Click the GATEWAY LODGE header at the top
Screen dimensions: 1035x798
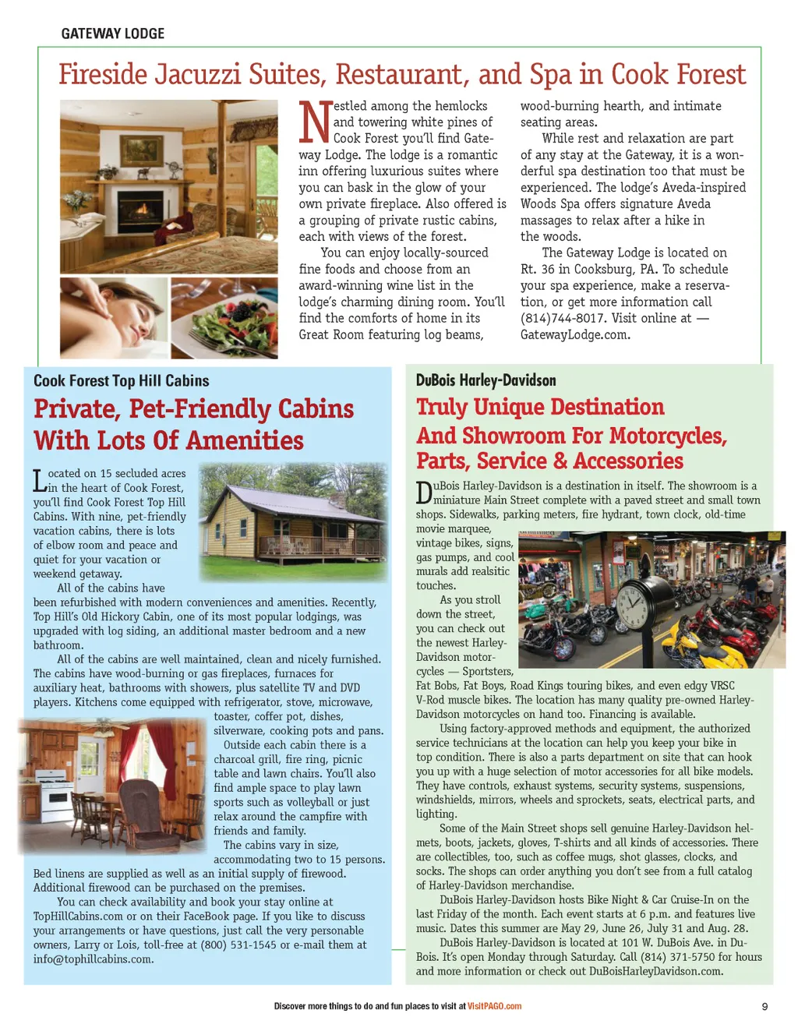click(x=113, y=34)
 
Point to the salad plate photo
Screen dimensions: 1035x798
click(x=224, y=317)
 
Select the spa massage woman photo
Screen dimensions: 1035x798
click(x=113, y=317)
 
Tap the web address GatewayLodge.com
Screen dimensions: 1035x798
click(x=574, y=334)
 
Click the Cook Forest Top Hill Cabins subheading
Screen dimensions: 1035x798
click(x=121, y=381)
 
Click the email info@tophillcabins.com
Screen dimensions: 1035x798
click(x=93, y=959)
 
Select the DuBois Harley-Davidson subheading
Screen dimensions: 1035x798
click(x=486, y=380)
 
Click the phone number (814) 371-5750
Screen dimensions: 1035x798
click(x=677, y=957)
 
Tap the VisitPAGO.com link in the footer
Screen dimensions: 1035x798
click(x=494, y=1006)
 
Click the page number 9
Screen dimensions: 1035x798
click(x=764, y=1007)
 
